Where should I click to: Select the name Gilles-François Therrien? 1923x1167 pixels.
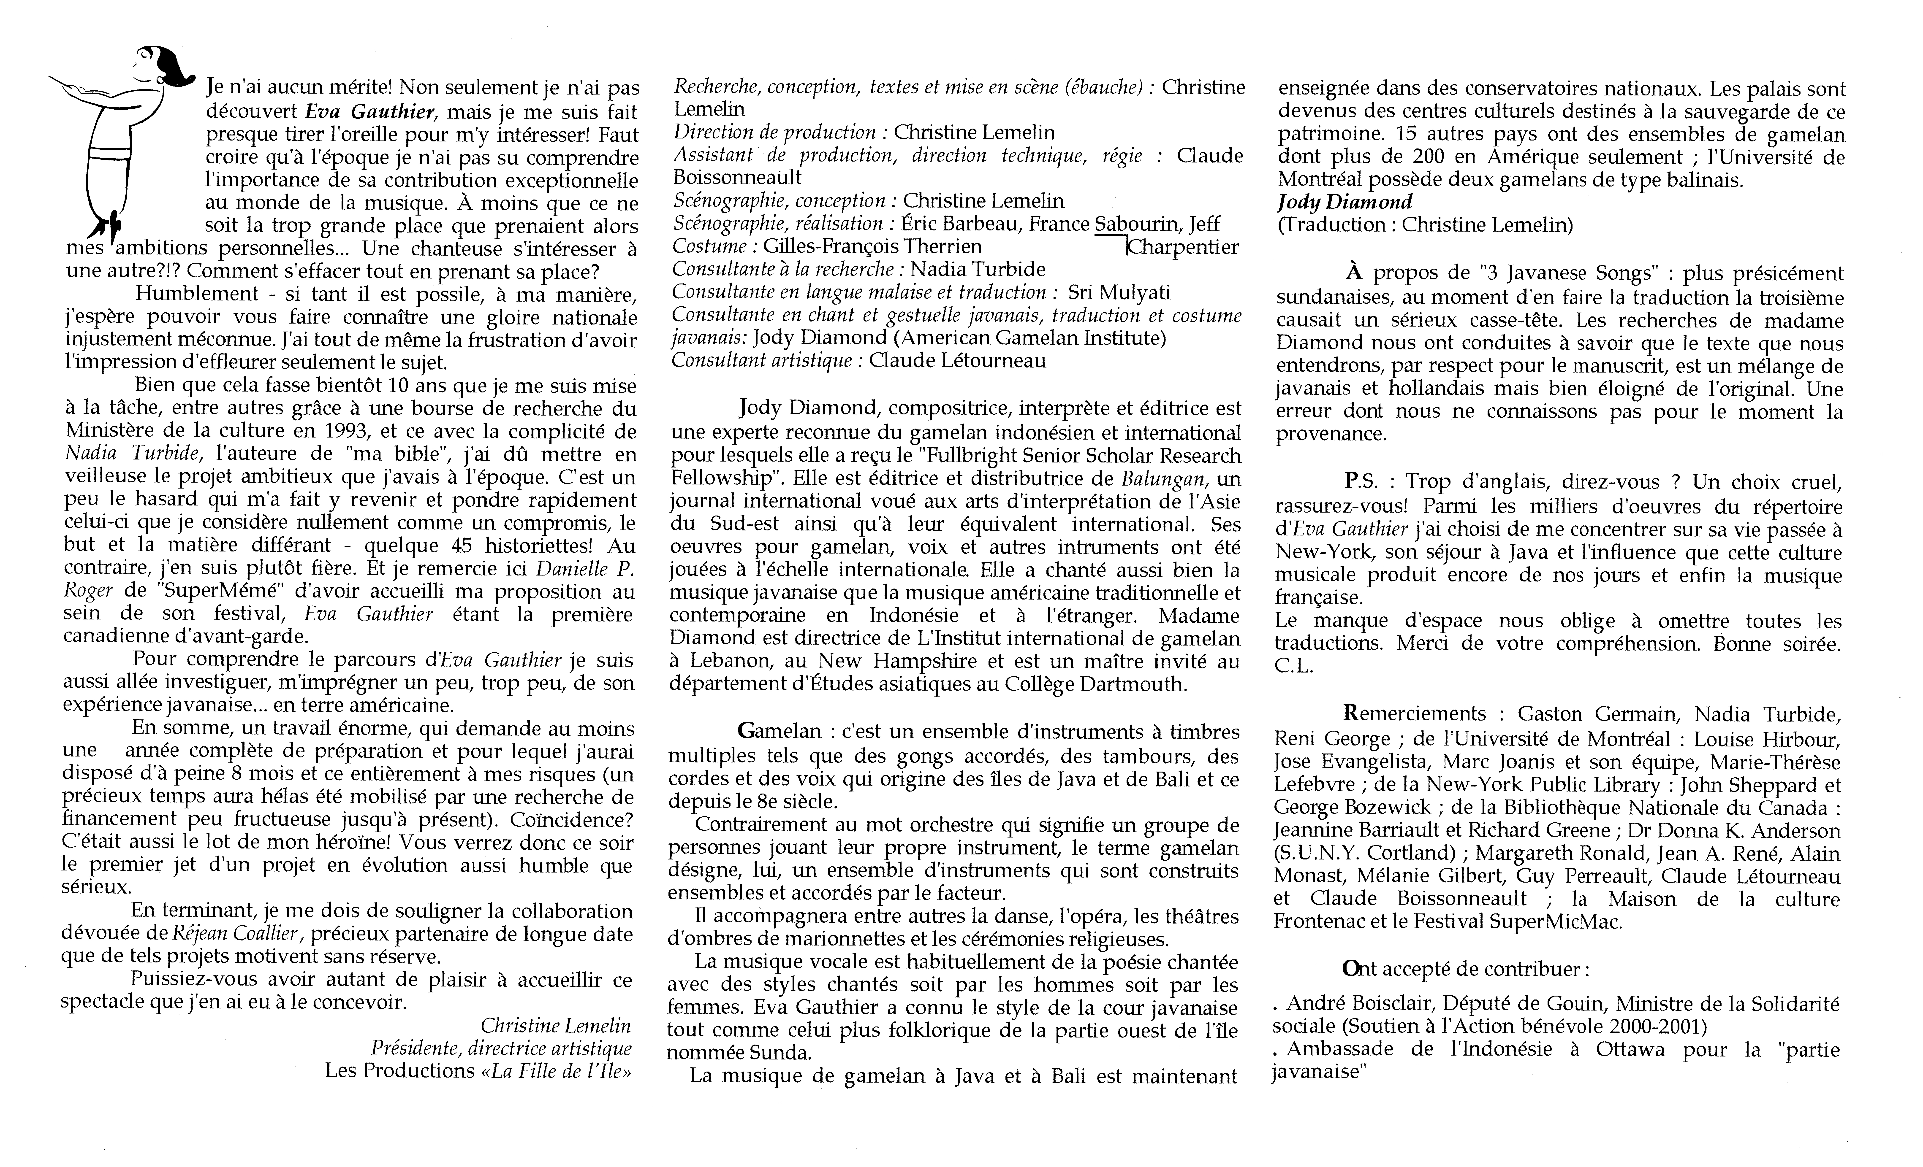pos(872,246)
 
